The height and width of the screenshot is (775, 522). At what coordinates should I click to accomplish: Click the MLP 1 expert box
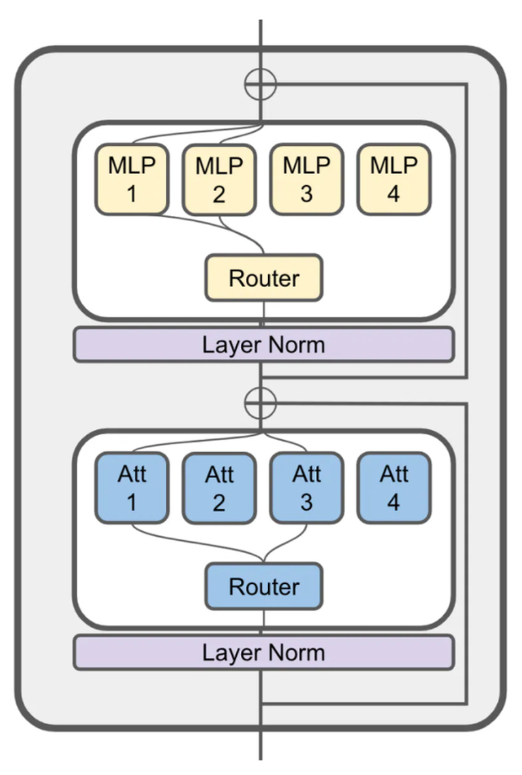[x=132, y=179]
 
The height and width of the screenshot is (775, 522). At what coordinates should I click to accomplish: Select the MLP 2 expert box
[x=219, y=179]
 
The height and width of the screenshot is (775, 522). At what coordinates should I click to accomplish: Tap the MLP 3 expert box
[x=306, y=179]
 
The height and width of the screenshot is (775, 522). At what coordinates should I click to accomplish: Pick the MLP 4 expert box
[x=393, y=179]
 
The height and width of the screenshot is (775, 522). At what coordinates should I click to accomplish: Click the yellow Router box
[x=264, y=278]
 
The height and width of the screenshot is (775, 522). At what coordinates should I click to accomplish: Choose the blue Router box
[x=264, y=586]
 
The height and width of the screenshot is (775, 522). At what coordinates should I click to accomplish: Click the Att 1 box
[x=132, y=488]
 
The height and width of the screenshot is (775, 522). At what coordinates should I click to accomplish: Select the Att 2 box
[x=219, y=488]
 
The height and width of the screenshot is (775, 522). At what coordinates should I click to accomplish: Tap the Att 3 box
[x=306, y=488]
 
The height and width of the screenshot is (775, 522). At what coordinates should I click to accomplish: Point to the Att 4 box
[x=393, y=488]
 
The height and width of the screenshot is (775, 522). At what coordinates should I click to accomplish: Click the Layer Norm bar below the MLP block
[x=264, y=344]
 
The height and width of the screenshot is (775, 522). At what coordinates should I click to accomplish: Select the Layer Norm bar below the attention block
[x=264, y=652]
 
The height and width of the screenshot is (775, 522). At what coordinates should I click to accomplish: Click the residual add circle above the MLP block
[x=260, y=84]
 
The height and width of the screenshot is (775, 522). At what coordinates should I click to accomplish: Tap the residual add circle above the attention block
[x=260, y=404]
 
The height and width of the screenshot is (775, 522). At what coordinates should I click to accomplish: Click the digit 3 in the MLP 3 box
[x=306, y=194]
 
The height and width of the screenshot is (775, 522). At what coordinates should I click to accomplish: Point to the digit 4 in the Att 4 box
[x=393, y=502]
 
